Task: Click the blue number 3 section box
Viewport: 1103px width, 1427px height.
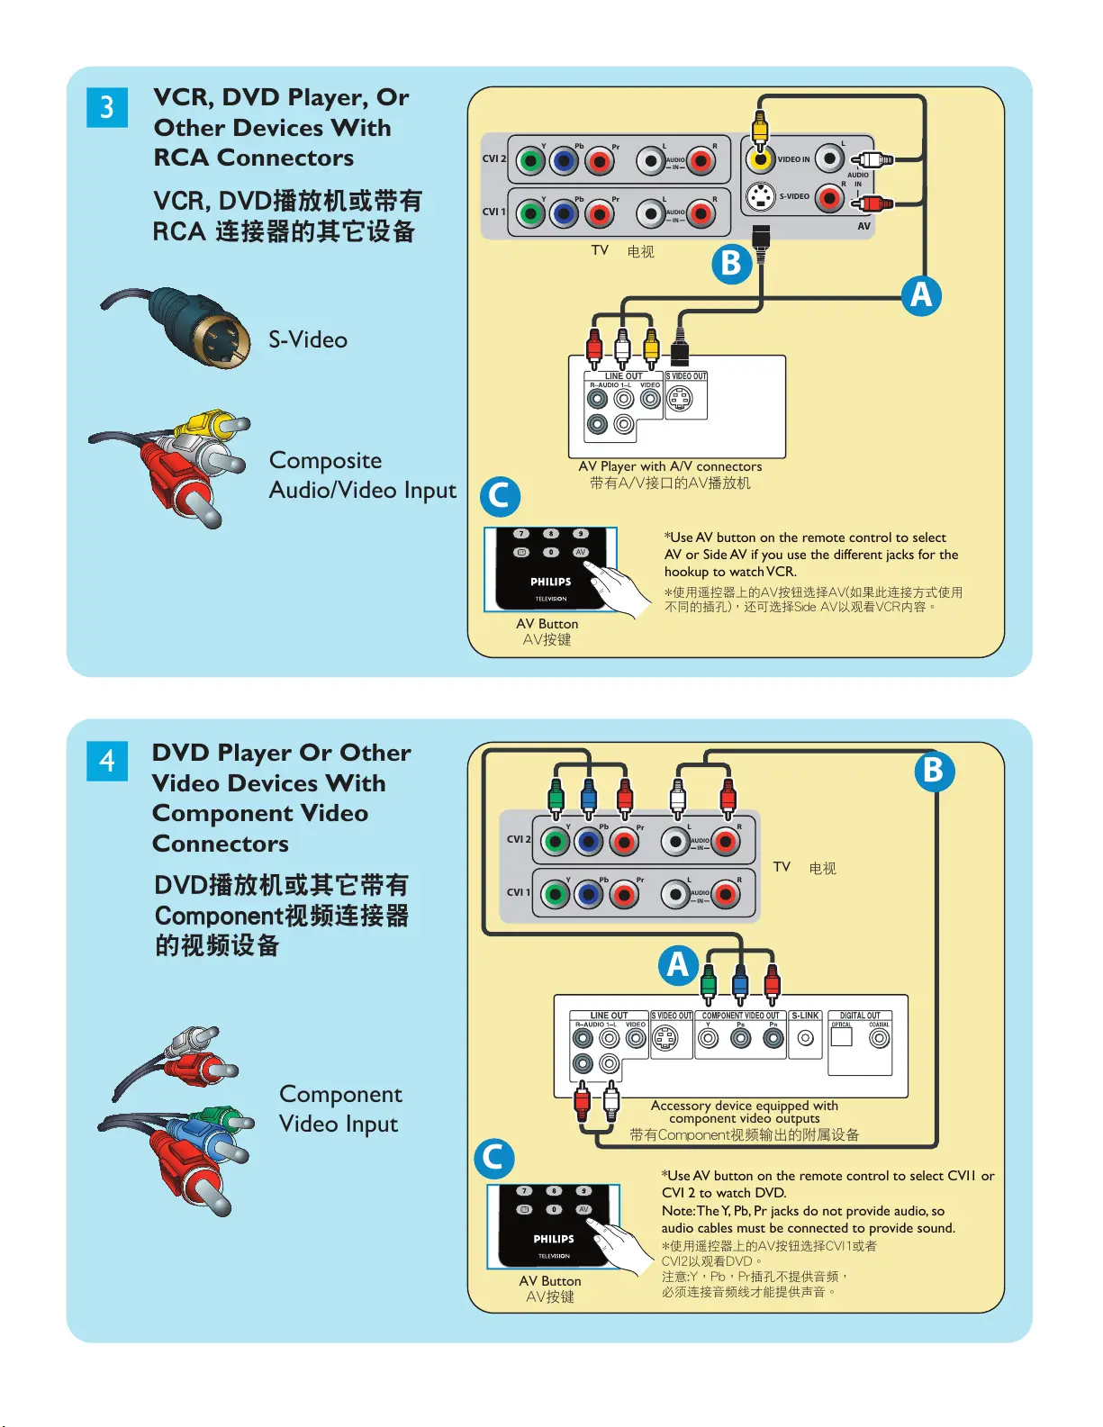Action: tap(107, 107)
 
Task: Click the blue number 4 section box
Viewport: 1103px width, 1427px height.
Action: tap(107, 761)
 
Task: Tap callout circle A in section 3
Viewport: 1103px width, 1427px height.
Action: tap(921, 295)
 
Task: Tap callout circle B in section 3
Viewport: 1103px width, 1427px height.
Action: tap(731, 264)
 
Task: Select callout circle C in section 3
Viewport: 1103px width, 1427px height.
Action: tap(500, 496)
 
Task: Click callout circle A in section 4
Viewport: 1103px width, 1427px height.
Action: tap(678, 964)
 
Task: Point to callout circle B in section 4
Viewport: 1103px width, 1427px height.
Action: tap(934, 771)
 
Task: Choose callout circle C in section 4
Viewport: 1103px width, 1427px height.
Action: tap(493, 1158)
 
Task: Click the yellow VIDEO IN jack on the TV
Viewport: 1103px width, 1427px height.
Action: tap(761, 159)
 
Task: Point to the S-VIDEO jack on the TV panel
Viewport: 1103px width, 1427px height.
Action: tap(761, 195)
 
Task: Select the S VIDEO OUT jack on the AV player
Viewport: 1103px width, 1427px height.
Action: tap(680, 398)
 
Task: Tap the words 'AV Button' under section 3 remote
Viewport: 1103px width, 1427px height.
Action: tap(547, 624)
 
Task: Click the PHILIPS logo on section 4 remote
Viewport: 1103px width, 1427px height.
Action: tap(554, 1239)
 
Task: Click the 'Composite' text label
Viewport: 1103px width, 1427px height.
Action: tap(325, 460)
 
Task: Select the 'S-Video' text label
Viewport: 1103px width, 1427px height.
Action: tap(308, 339)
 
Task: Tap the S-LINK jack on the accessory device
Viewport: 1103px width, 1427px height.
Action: tap(806, 1038)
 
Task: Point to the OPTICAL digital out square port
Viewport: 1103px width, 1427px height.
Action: tap(842, 1036)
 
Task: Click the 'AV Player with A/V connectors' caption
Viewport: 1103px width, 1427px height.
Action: tap(670, 466)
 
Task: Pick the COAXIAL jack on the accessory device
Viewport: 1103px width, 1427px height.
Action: tap(879, 1038)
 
